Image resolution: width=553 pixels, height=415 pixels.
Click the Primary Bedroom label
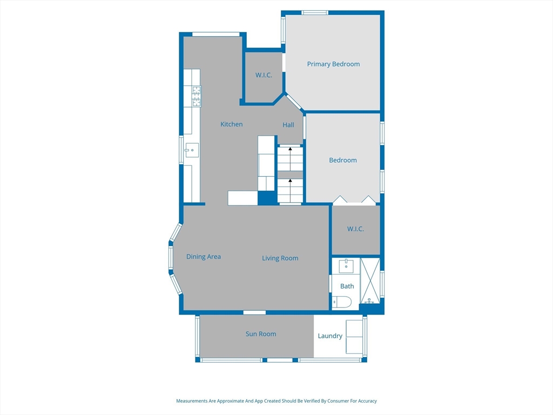tap(333, 64)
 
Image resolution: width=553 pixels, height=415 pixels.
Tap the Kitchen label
tap(231, 124)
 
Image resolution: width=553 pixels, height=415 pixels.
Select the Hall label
tap(288, 125)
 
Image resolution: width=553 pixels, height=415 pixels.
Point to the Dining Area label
tap(204, 257)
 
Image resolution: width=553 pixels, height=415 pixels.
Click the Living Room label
tap(280, 258)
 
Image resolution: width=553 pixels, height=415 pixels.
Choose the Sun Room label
tap(261, 334)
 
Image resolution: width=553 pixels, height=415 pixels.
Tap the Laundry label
tap(330, 336)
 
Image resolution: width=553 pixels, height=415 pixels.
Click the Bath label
tap(347, 286)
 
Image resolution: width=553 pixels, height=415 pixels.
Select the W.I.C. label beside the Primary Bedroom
tap(264, 75)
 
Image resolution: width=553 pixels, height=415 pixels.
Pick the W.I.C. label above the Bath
tap(355, 229)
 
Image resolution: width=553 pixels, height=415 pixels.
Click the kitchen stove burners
tap(197, 96)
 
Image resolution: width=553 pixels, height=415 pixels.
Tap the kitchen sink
tap(192, 150)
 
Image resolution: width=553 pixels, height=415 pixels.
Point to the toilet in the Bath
tap(342, 303)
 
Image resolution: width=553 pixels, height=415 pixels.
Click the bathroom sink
tap(346, 266)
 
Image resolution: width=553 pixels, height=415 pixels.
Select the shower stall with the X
tap(370, 280)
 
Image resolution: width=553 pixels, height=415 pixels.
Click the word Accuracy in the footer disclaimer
tap(367, 401)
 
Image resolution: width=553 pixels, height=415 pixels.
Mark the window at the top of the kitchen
tap(216, 34)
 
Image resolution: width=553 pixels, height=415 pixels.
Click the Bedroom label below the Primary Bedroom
tap(343, 160)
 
